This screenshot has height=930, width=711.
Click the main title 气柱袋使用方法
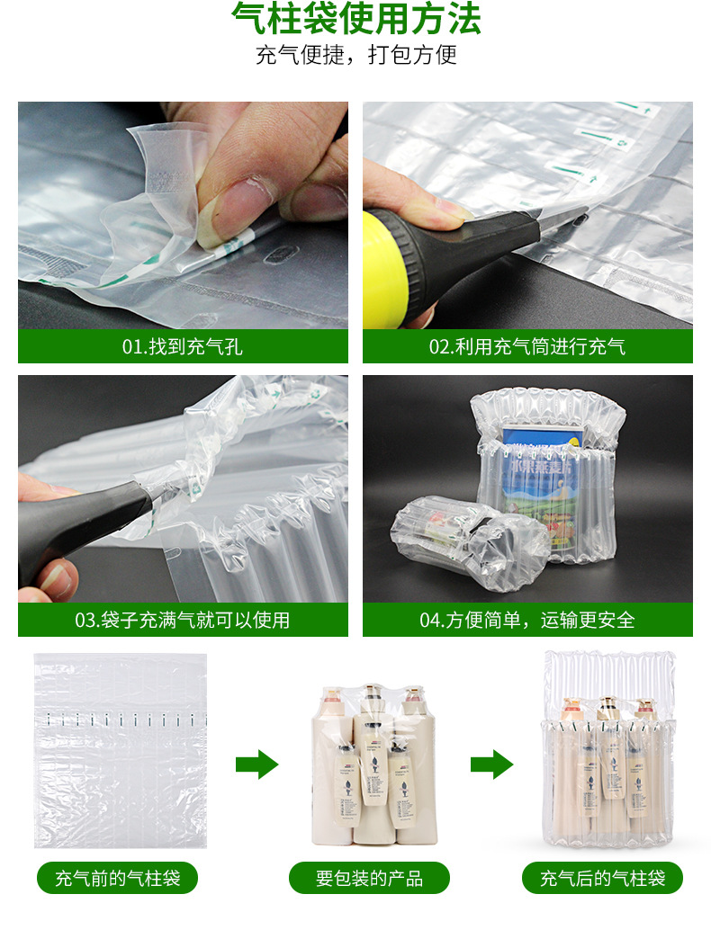[x=355, y=20]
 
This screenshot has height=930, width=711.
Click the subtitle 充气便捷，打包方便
[x=355, y=55]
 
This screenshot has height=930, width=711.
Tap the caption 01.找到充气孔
[x=183, y=346]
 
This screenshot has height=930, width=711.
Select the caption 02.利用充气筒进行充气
[x=527, y=346]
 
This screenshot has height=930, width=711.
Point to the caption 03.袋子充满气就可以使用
[x=183, y=620]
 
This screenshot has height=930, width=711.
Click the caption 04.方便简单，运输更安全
[x=527, y=620]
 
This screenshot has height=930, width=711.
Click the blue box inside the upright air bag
[x=540, y=477]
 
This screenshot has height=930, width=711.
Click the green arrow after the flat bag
[x=256, y=765]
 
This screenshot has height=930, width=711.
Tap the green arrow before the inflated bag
[x=491, y=765]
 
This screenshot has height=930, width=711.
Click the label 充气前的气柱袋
[x=117, y=878]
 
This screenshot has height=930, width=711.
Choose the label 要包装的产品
[x=369, y=878]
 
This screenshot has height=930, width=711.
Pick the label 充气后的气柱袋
[x=603, y=878]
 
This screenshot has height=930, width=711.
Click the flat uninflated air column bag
[x=121, y=750]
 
